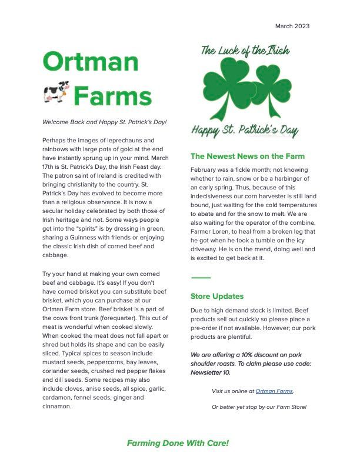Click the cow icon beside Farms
[x=56, y=92]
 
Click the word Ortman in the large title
[x=91, y=62]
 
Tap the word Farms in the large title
[x=112, y=96]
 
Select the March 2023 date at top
[x=292, y=26]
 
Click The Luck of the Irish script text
[x=245, y=50]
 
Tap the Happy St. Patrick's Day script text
[x=245, y=131]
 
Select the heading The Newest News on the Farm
[x=248, y=157]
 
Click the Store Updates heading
[x=217, y=296]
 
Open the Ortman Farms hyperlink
[x=274, y=391]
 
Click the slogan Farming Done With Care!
[x=178, y=443]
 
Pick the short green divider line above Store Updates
[x=201, y=278]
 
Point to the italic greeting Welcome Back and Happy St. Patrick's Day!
[x=105, y=122]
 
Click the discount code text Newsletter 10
[x=211, y=372]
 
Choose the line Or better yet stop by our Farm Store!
[x=259, y=407]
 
